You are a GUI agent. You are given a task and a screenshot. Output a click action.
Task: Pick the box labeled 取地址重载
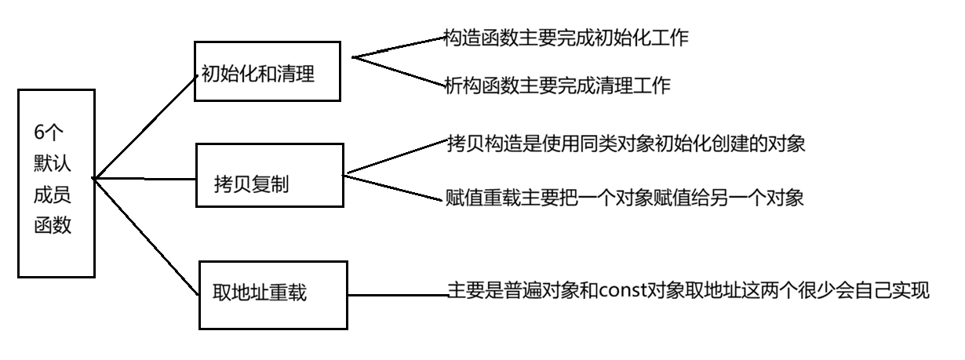pos(272,294)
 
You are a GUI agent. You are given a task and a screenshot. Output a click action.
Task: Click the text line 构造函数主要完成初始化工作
pos(566,38)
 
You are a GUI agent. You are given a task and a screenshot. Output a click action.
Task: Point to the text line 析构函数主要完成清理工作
pos(557,85)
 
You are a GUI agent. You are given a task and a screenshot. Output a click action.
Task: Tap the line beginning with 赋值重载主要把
pos(625,198)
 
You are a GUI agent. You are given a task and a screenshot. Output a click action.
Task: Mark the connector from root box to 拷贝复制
pos(145,179)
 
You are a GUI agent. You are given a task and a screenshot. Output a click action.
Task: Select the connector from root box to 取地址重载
pos(145,236)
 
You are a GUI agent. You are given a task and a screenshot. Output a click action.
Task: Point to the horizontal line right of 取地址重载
pos(397,296)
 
